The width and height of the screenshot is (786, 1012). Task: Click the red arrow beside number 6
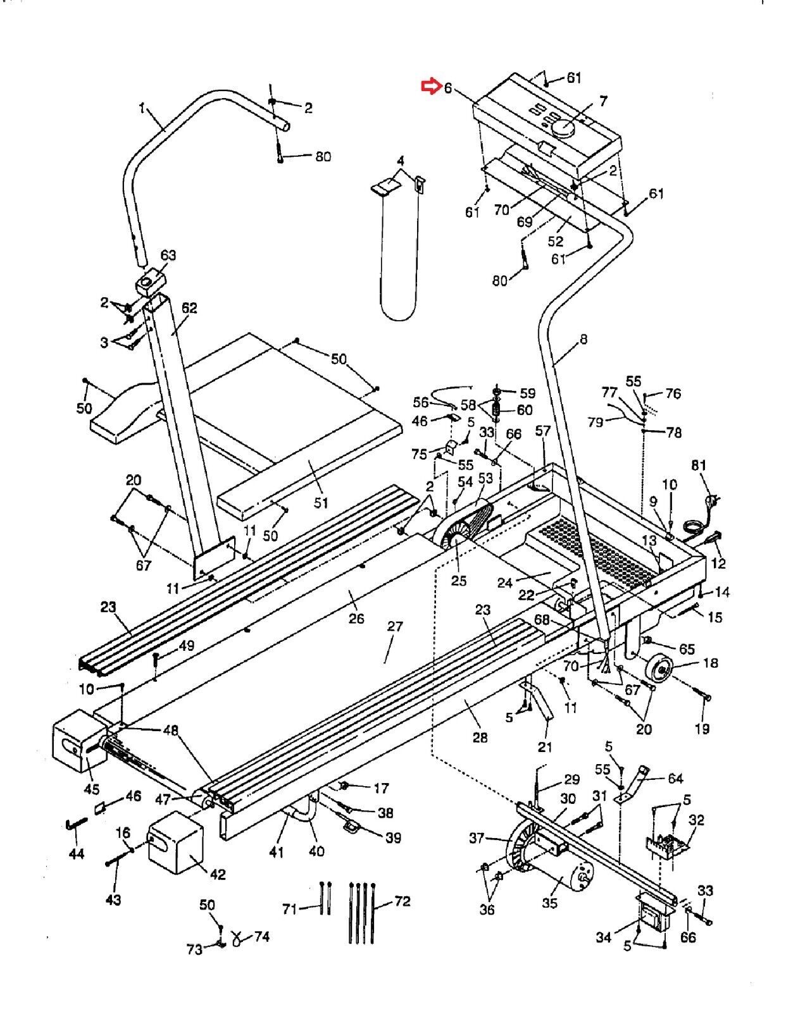(431, 86)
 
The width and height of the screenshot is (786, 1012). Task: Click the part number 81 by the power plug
(699, 465)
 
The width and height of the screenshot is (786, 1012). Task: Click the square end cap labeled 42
(175, 843)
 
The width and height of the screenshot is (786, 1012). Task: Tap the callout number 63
(168, 255)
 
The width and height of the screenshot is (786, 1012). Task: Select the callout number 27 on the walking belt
(395, 626)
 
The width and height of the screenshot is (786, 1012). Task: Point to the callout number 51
(321, 502)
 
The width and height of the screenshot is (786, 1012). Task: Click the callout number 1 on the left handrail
(142, 108)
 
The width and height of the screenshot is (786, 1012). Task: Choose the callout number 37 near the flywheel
(477, 838)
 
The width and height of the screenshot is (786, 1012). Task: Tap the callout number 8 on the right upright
(583, 340)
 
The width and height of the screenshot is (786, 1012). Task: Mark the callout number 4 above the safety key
(400, 161)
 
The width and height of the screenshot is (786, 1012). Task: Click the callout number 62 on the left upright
(189, 308)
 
